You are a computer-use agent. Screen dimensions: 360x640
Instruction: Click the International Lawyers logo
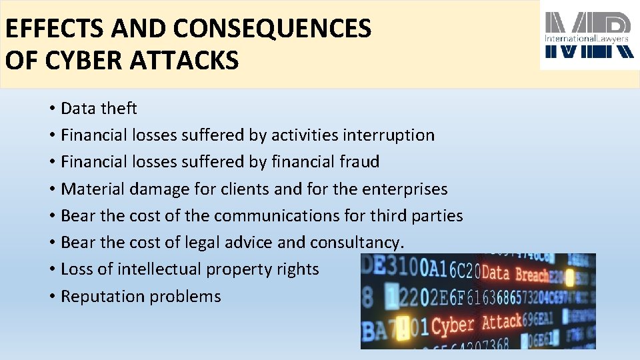point(587,36)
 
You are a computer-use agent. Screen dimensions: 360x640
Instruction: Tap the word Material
point(93,189)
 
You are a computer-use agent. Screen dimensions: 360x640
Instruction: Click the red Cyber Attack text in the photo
point(487,325)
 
